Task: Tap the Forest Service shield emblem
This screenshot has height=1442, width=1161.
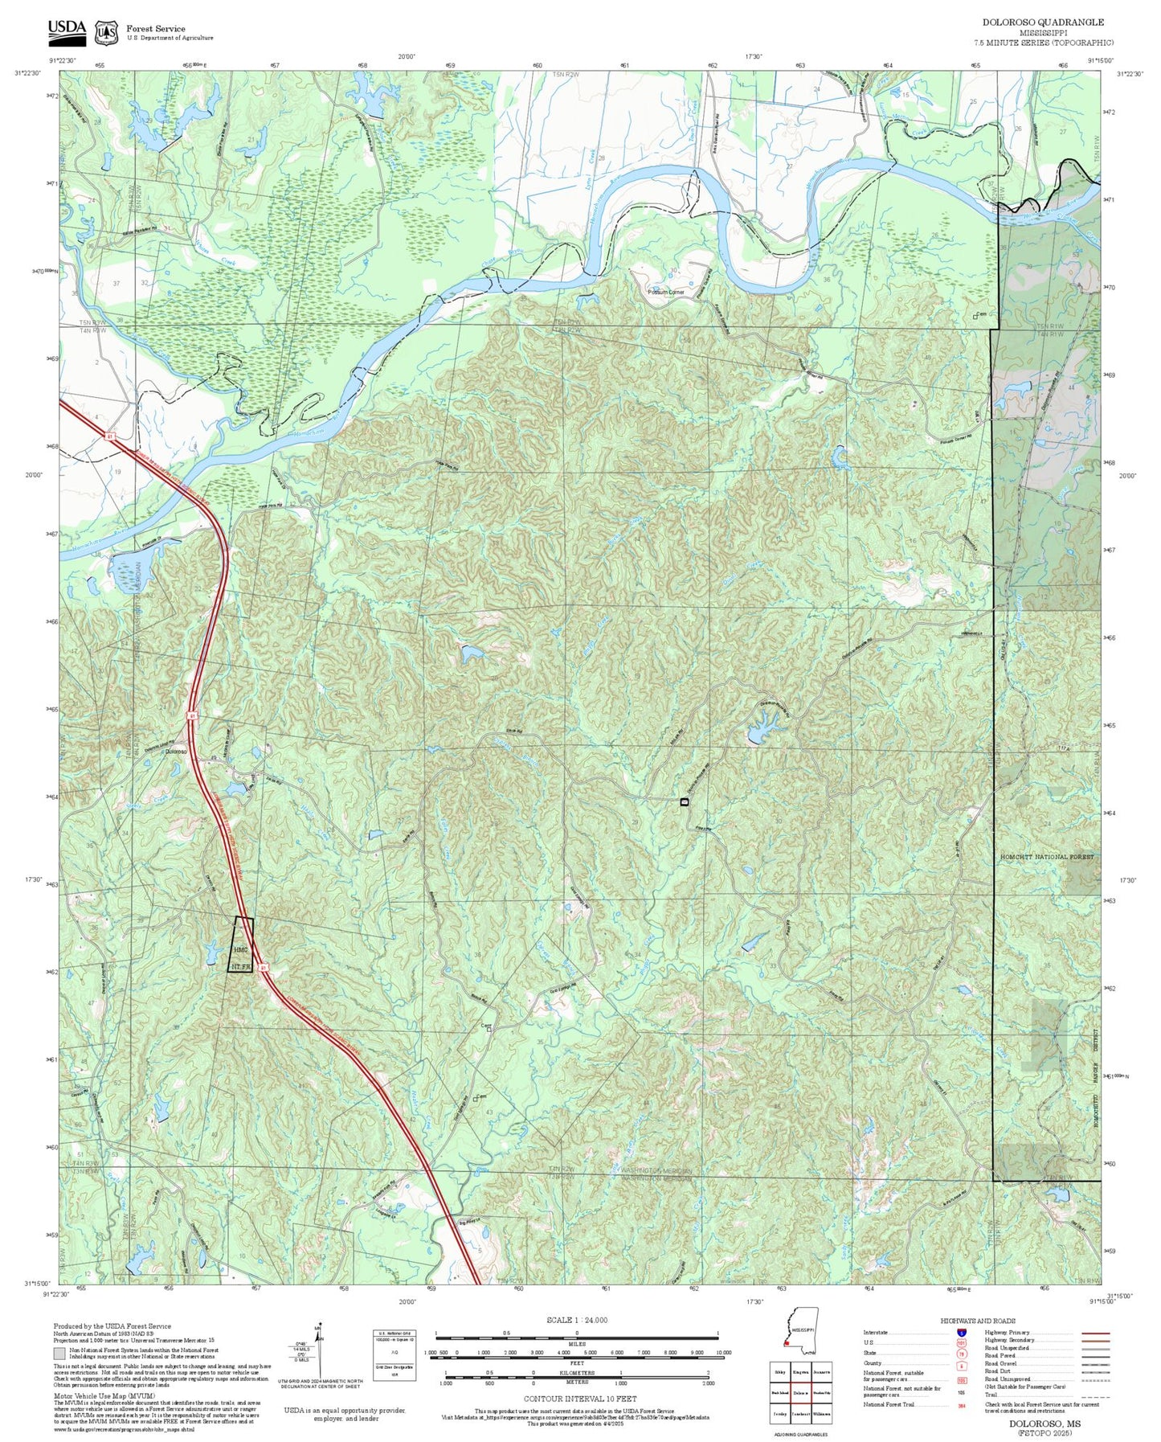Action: coord(105,32)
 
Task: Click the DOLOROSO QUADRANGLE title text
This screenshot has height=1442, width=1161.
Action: coord(1043,23)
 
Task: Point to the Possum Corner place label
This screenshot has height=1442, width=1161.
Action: coord(666,292)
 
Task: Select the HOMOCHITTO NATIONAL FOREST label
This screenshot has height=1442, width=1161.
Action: coord(1046,857)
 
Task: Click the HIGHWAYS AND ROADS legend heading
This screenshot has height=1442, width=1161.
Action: coord(977,1321)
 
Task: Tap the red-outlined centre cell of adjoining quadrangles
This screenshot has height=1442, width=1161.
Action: coord(799,1393)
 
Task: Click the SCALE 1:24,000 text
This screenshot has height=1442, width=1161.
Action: coord(577,1320)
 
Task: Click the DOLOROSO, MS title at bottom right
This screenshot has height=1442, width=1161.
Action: coord(1044,1424)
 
